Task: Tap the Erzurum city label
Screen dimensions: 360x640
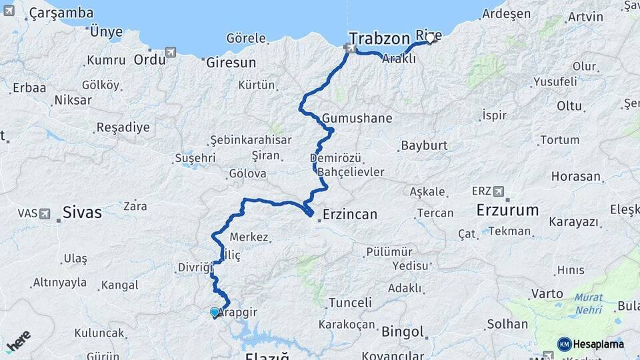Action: point(507,211)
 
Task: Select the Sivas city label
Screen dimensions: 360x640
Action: point(82,213)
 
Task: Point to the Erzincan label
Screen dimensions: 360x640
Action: point(349,215)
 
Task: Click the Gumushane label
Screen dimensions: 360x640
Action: point(357,119)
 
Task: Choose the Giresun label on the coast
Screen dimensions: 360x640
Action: point(231,63)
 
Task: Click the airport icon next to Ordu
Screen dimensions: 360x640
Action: point(171,52)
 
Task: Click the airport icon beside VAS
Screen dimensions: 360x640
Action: point(45,213)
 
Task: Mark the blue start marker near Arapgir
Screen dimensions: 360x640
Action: point(214,312)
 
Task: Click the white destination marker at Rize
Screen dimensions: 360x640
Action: point(431,39)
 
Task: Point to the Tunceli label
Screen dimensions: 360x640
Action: point(350,303)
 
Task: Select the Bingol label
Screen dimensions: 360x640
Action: point(403,331)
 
